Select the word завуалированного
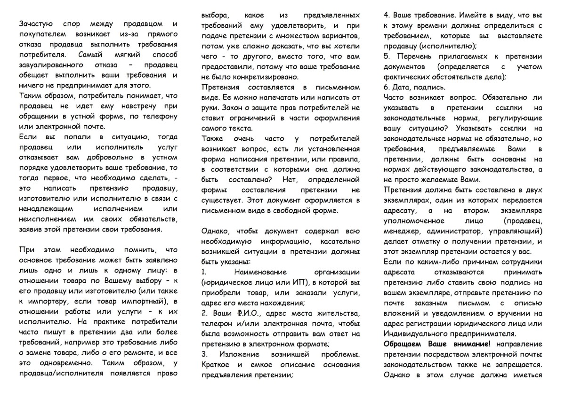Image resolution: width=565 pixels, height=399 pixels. click(x=52, y=65)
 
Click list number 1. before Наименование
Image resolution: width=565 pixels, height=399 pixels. click(x=204, y=272)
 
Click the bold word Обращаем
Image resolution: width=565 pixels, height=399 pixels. click(x=403, y=344)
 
